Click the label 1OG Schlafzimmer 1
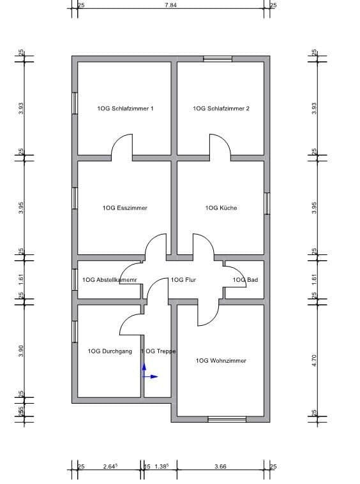125,108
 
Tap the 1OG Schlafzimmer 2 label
221,108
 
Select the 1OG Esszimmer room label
125,208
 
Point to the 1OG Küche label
221,208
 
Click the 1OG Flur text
183,280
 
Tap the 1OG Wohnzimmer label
221,361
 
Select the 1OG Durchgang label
110,351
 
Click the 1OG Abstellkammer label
110,280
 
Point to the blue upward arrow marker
144,369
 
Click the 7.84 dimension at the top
170,5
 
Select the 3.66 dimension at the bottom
220,467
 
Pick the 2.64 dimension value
110,467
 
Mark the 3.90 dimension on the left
21,350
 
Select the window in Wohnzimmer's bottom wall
227,419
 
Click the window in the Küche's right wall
267,204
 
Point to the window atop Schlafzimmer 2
217,59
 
